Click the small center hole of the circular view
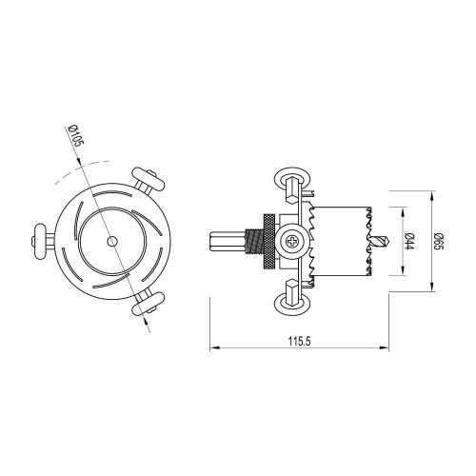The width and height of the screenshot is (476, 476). click(112, 242)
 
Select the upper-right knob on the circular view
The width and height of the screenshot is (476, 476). click(150, 178)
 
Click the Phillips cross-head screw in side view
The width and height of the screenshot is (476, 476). click(292, 241)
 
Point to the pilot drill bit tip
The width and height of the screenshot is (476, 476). click(385, 241)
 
